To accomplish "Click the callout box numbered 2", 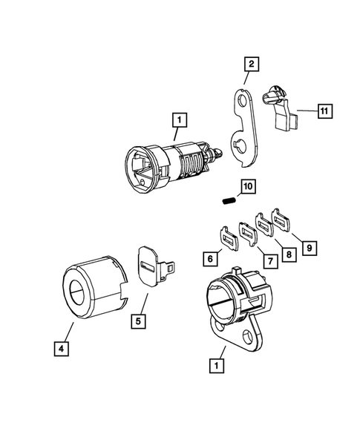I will point(252,65).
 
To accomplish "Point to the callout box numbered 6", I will point(212,258).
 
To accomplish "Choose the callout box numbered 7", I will point(264,260).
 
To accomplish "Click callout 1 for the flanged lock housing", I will point(216,366).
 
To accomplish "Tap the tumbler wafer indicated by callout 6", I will point(229,237).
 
